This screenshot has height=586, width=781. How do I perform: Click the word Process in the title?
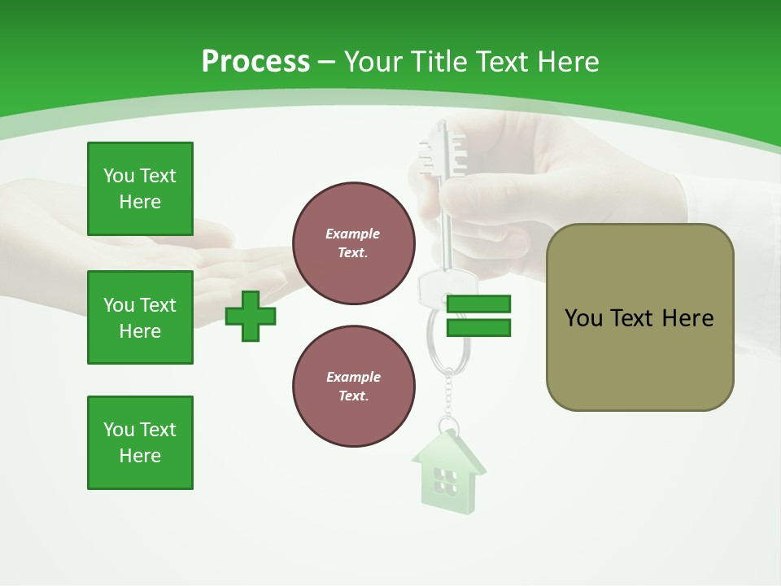click(x=255, y=61)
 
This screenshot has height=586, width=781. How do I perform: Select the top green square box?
click(x=140, y=189)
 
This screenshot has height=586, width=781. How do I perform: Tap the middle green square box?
click(x=140, y=317)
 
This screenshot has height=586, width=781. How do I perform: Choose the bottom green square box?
click(x=140, y=443)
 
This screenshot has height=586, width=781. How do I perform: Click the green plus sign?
click(x=251, y=316)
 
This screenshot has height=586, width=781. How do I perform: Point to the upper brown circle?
click(x=354, y=243)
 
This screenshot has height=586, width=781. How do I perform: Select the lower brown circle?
click(x=354, y=387)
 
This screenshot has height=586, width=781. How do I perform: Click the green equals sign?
click(x=478, y=316)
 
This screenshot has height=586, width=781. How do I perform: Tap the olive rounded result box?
click(x=639, y=317)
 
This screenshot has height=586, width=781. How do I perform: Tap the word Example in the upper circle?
click(x=353, y=234)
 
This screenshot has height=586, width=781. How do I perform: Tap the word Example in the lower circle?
click(x=353, y=377)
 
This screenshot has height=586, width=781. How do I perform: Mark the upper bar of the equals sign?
click(x=478, y=304)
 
